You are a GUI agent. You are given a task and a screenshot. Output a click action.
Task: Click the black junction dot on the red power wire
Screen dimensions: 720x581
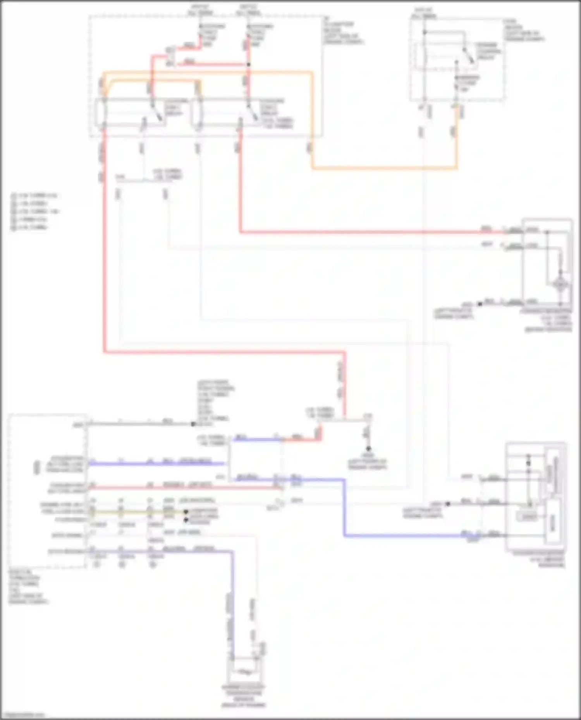pyautogui.click(x=249, y=64)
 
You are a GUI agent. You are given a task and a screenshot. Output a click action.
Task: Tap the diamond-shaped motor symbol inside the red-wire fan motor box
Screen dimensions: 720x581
pyautogui.click(x=560, y=285)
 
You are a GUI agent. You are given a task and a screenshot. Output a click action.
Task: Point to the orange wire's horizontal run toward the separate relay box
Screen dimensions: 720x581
pyautogui.click(x=383, y=168)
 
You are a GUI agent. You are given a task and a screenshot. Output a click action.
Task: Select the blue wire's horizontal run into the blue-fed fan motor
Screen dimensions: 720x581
pyautogui.click(x=407, y=536)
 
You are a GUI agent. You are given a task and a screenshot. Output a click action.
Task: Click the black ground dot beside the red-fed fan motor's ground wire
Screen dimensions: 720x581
pyautogui.click(x=480, y=304)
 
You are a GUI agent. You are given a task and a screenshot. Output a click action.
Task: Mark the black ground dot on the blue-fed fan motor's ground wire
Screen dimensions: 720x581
pyautogui.click(x=448, y=504)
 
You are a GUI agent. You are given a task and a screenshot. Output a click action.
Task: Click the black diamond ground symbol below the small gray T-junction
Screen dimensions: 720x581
pyautogui.click(x=368, y=448)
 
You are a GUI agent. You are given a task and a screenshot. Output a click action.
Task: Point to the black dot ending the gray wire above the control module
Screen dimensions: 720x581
pyautogui.click(x=193, y=424)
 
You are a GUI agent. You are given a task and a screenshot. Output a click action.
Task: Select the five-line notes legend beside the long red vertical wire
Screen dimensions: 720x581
pyautogui.click(x=34, y=211)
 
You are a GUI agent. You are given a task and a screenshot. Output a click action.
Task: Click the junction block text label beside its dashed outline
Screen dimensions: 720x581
pyautogui.click(x=342, y=32)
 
